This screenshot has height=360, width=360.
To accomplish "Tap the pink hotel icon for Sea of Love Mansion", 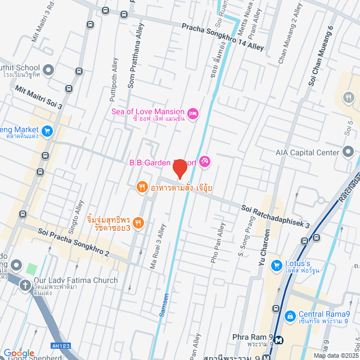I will coord(192,114).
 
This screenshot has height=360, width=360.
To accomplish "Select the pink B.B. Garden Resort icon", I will coord(205,163).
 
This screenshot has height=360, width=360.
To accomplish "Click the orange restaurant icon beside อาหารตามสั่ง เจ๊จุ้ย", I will coord(142,187).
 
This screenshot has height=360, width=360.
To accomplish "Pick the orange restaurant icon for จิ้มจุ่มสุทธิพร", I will coord(138,223).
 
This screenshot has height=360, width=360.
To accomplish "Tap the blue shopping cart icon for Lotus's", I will coord(276,264).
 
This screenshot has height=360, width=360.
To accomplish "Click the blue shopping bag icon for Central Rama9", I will coord(290,316).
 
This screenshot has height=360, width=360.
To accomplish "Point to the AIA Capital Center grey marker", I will coord(348,152).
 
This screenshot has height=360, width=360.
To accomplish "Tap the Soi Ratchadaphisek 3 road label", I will coord(275,216).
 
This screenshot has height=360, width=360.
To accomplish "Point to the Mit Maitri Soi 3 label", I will coord(39,97).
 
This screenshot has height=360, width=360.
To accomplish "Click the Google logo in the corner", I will coord(19,353).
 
